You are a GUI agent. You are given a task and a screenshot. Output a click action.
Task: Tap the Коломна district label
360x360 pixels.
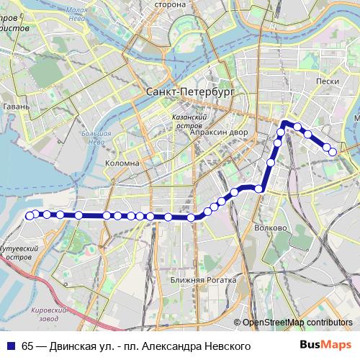coord(122,163)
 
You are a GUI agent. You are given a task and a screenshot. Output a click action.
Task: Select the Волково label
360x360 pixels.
coord(271,228)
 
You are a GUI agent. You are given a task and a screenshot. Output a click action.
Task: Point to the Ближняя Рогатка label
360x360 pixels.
coord(198,279)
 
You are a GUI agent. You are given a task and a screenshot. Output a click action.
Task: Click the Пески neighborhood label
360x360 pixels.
coord(327,82)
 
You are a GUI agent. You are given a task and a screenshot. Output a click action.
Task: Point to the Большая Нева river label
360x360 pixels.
coord(96,137)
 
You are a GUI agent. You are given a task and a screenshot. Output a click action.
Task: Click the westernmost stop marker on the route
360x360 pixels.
coord(30,215)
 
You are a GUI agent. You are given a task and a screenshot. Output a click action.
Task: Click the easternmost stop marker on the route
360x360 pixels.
coord(333,152)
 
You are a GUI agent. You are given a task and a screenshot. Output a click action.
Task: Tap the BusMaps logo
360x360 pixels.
coord(325,346)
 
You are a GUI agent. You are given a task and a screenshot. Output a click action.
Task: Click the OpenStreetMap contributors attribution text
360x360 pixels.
coord(297,323)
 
